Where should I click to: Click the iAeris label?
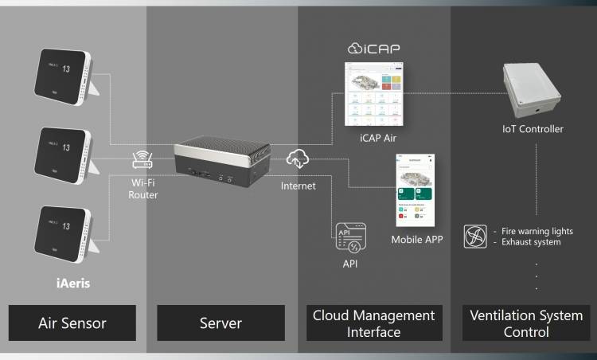pyautogui.click(x=66, y=281)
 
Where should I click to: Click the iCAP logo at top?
pyautogui.click(x=374, y=49)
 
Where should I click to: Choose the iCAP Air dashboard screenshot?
pyautogui.click(x=373, y=95)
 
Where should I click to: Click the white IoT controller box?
pyautogui.click(x=533, y=88)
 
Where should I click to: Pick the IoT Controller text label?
pyautogui.click(x=533, y=129)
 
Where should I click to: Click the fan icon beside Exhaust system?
pyautogui.click(x=475, y=237)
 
